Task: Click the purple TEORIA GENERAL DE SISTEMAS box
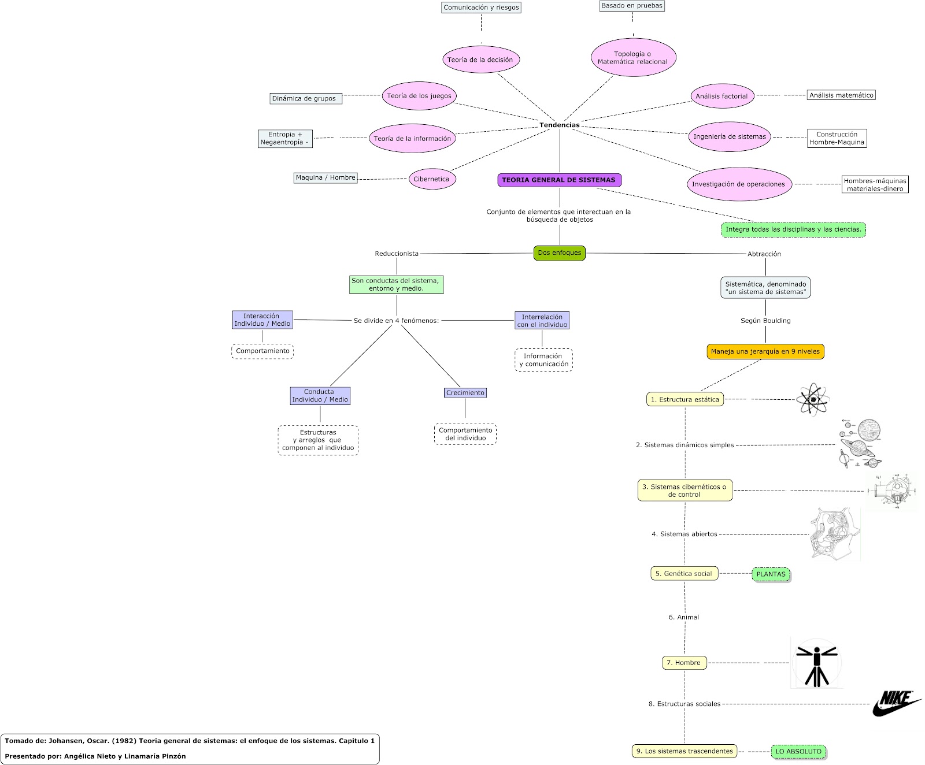[559, 180]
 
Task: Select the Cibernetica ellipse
[431, 179]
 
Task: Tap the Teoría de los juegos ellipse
[419, 96]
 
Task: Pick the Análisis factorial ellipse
[721, 96]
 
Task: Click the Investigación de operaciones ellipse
[738, 184]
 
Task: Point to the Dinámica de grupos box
[306, 98]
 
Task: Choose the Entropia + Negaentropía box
[284, 139]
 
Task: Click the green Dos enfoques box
[559, 253]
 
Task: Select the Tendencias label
[559, 125]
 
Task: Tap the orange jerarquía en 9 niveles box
[765, 351]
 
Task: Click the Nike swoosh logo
[897, 703]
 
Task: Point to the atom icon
[813, 399]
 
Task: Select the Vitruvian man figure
[816, 663]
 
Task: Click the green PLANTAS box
[771, 574]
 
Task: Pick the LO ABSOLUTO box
[798, 752]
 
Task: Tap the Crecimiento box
[465, 393]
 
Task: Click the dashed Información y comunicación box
[543, 360]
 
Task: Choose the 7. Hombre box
[684, 663]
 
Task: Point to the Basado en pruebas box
[632, 6]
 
